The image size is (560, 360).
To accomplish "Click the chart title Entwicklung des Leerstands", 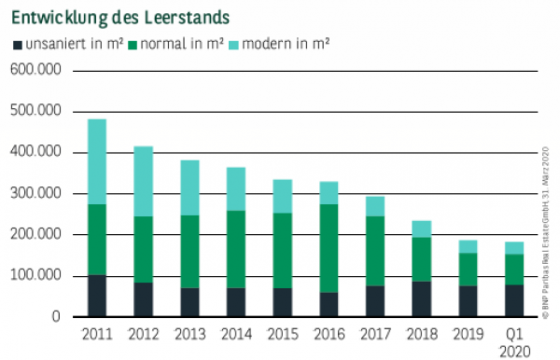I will coord(120,18).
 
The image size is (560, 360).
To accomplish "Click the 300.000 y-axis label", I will coord(35,194).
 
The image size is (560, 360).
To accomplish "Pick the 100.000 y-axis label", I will coord(35,276).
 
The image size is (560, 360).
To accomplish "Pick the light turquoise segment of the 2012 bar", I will coord(143,181).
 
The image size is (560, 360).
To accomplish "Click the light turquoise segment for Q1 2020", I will coord(513,248).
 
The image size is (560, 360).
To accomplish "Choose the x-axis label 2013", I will coord(189,333).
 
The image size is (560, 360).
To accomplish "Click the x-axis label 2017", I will coord(375,333).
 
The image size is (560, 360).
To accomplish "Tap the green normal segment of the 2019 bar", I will coord(467,270).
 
